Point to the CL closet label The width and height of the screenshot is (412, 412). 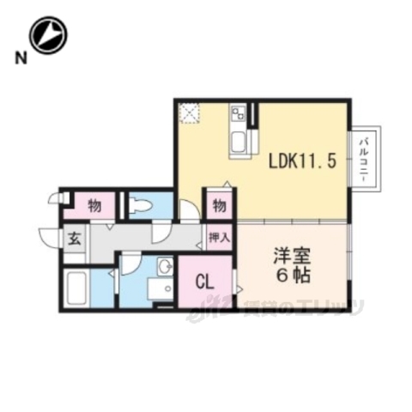(x=204, y=280)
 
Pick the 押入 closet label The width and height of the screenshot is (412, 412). (x=219, y=236)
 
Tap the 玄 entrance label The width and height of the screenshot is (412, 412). (x=74, y=239)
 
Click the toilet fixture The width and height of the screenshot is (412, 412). (x=142, y=206)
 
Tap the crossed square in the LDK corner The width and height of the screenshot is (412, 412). (x=189, y=113)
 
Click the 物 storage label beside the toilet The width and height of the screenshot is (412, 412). (x=94, y=206)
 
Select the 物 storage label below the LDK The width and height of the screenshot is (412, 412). (x=219, y=206)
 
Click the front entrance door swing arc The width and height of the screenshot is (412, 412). (x=47, y=237)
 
